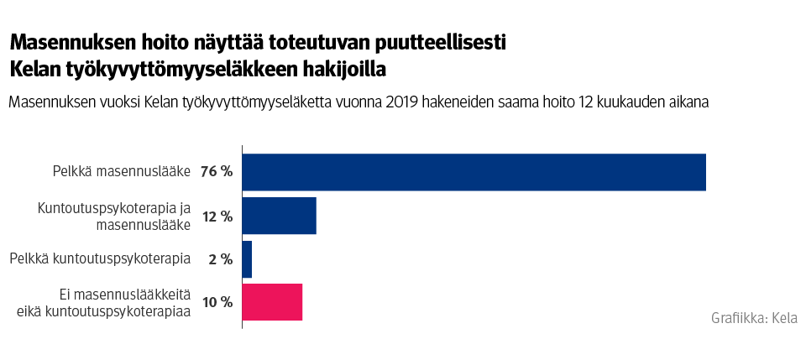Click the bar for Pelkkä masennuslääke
click(474, 172)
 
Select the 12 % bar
click(279, 216)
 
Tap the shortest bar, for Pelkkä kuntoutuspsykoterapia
click(247, 259)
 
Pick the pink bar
click(272, 302)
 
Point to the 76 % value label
click(217, 172)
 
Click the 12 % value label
click(217, 216)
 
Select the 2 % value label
click(220, 259)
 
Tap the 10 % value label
click(217, 302)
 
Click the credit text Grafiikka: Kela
click(754, 318)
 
